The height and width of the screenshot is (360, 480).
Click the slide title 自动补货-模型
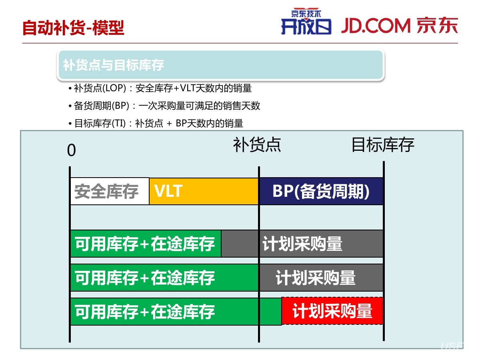coord(73,28)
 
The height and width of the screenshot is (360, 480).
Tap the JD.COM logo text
coord(376,26)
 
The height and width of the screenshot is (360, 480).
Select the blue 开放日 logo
coord(306,26)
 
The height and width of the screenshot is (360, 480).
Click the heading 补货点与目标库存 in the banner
coord(114,65)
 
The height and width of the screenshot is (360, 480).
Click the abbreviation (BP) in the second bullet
coord(120,106)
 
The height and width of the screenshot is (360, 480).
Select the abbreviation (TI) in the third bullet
coord(119,123)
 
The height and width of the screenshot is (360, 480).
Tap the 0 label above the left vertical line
coord(72,150)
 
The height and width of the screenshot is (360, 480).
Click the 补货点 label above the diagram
coord(257,145)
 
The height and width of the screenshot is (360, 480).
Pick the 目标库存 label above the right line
coord(383,145)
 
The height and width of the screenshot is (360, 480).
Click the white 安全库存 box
coord(110,191)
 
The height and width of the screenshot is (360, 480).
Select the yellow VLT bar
coord(204,191)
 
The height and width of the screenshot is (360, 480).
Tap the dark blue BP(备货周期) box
coord(321,191)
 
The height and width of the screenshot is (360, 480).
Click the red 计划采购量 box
coord(332,311)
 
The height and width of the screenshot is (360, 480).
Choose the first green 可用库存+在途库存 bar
coord(146,244)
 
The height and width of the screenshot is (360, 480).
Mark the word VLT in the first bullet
coord(188,88)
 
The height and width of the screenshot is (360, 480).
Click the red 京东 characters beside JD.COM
coord(437,26)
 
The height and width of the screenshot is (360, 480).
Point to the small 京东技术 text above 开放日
coord(306,13)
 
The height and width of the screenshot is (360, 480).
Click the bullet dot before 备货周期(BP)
coord(70,106)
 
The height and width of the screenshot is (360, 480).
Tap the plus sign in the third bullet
coord(169,124)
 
